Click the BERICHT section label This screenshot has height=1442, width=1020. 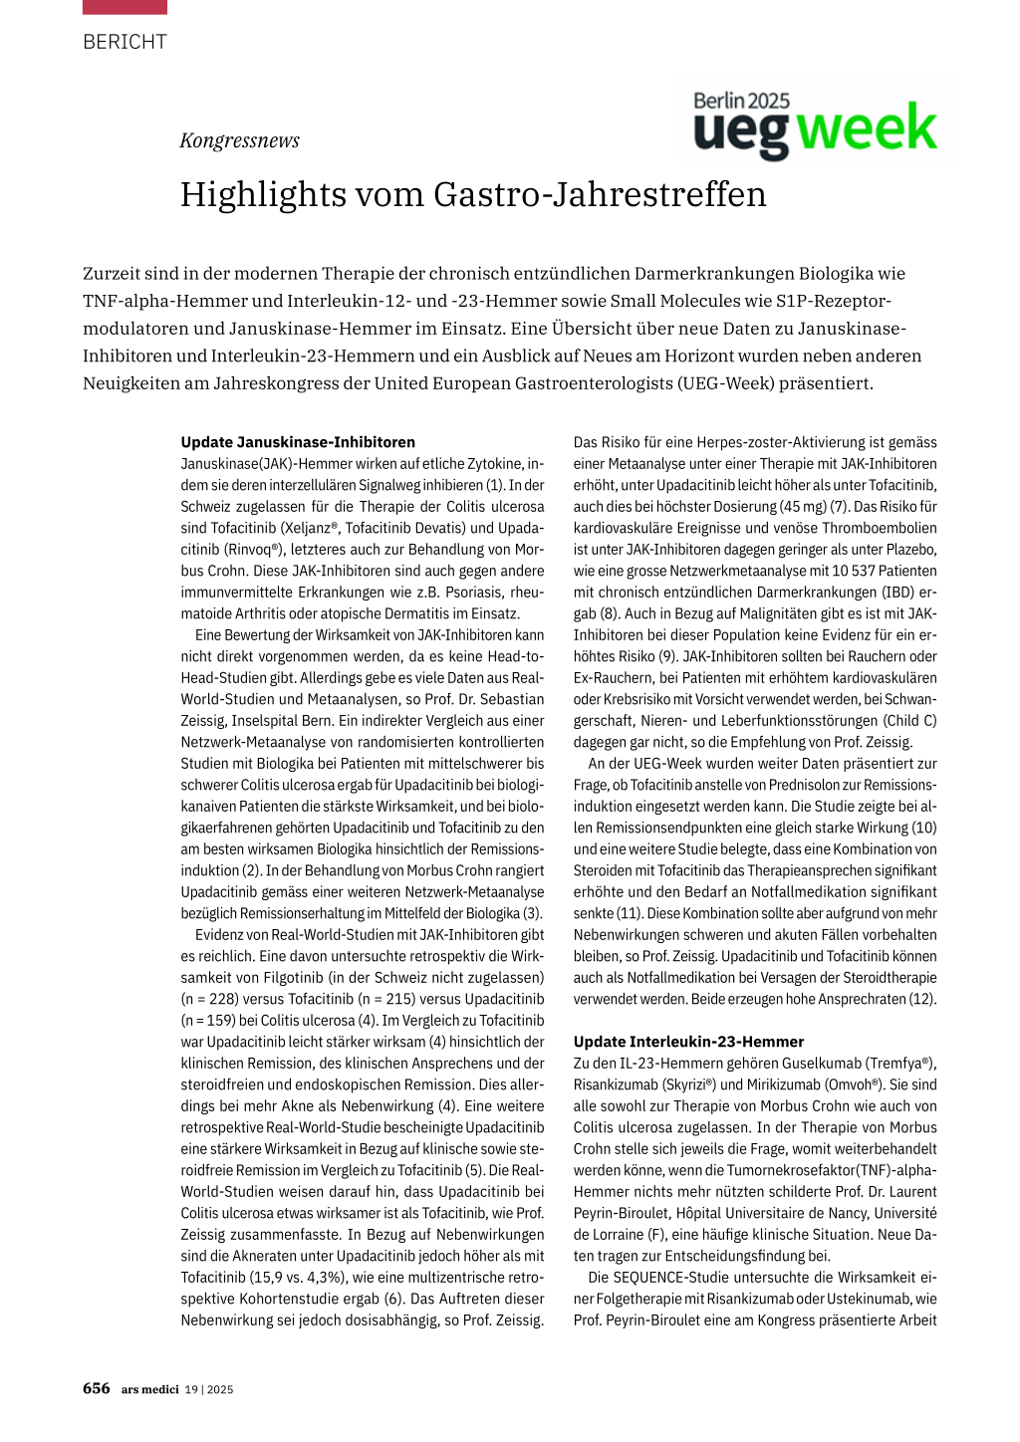(125, 42)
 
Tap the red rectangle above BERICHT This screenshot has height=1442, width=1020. (125, 7)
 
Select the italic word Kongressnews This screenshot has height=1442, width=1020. (239, 140)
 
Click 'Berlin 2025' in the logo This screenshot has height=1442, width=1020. (741, 101)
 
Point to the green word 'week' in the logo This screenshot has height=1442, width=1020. (867, 130)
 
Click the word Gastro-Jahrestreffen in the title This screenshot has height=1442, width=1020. (600, 194)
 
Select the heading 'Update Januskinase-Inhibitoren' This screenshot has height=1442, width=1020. (298, 442)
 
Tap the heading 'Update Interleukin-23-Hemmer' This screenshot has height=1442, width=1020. (688, 1042)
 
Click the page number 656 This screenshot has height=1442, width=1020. (97, 1388)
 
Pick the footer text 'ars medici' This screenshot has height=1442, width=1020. (150, 1389)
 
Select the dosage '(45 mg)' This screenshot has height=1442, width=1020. (799, 507)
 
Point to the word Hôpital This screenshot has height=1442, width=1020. (703, 1213)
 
